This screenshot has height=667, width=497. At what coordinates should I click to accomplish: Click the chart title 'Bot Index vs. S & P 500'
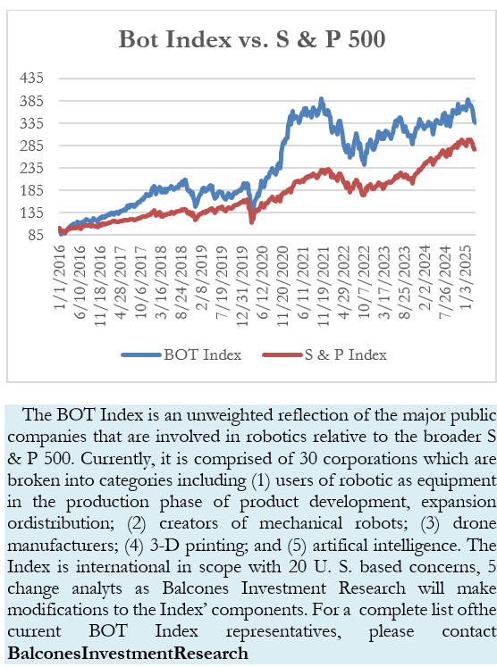pyautogui.click(x=252, y=38)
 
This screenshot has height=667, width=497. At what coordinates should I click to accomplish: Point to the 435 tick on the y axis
pyautogui.click(x=31, y=79)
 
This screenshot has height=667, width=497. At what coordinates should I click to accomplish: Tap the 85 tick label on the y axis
pyautogui.click(x=36, y=234)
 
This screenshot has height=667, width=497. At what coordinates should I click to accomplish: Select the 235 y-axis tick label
pyautogui.click(x=31, y=168)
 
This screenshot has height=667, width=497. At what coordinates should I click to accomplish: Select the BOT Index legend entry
pyautogui.click(x=181, y=354)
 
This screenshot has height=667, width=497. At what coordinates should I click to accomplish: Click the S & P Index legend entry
pyautogui.click(x=325, y=354)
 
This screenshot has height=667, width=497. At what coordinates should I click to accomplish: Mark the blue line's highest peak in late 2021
pyautogui.click(x=322, y=99)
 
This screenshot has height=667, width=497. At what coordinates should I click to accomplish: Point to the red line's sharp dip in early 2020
pyautogui.click(x=252, y=221)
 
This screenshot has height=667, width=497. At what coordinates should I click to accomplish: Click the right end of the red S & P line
pyautogui.click(x=475, y=150)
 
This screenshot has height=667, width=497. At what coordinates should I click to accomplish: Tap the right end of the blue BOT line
pyautogui.click(x=475, y=123)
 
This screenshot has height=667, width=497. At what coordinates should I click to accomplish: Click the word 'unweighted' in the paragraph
pyautogui.click(x=230, y=415)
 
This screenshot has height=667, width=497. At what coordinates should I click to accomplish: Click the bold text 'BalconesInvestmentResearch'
pyautogui.click(x=128, y=653)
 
